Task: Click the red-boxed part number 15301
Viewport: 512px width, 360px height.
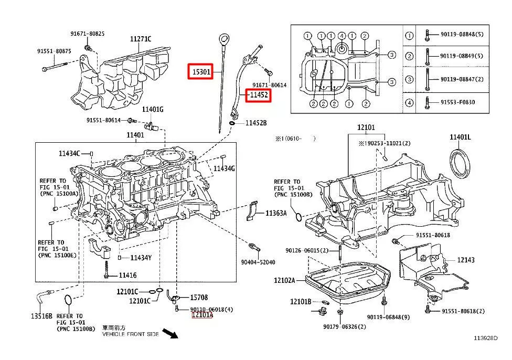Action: coord(201,71)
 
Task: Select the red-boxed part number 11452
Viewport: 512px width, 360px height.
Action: coord(259,95)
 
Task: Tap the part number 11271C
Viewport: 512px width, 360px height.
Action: coord(141,39)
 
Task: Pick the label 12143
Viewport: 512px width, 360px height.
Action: coord(465,260)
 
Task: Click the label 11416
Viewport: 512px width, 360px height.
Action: coord(127,275)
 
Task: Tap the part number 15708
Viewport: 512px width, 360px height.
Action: coord(199,297)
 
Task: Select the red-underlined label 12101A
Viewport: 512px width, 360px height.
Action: coord(202,315)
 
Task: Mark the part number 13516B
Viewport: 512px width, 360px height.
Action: coord(41,316)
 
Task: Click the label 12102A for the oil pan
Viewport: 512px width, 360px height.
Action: coord(284,281)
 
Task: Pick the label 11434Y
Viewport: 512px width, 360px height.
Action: coord(141,258)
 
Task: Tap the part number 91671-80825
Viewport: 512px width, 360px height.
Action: coord(87,34)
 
